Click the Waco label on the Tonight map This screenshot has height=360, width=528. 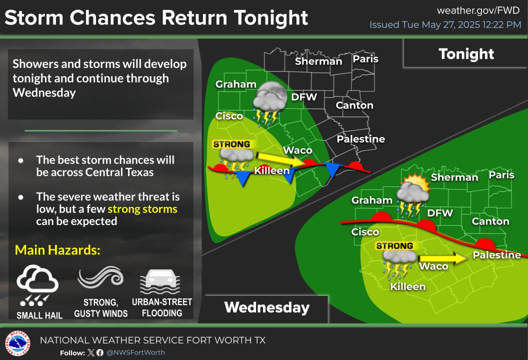297,150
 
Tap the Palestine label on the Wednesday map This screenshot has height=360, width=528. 496,255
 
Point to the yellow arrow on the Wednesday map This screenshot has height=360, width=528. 443,258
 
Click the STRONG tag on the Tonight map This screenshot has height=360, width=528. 231,144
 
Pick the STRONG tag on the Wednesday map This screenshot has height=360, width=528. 394,246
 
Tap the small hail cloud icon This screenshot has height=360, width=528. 37,285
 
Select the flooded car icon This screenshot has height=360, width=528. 160,281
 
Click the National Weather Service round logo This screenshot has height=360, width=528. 17,343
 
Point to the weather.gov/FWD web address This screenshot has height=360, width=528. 478,10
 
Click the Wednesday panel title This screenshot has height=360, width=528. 267,307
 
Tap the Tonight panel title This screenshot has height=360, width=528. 466,54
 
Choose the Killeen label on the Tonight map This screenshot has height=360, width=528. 271,170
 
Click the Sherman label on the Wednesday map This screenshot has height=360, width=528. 454,177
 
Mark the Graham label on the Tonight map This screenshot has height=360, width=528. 235,84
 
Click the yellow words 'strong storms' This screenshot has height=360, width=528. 142,209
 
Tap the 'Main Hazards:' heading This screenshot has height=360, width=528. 57,250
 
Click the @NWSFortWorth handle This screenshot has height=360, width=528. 135,352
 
